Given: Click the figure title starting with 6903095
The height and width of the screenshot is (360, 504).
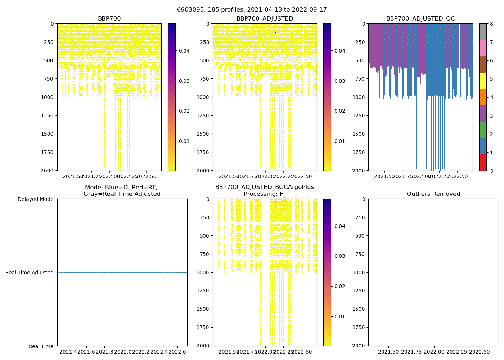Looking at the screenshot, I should pyautogui.click(x=252, y=10).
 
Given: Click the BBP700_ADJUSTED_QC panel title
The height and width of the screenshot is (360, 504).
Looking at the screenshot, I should pyautogui.click(x=420, y=19).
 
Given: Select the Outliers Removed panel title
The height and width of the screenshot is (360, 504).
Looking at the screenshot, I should pyautogui.click(x=433, y=194).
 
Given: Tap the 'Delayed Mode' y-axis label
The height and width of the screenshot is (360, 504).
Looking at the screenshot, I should pyautogui.click(x=35, y=199).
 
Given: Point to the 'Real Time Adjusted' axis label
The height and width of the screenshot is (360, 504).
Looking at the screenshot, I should pyautogui.click(x=29, y=273).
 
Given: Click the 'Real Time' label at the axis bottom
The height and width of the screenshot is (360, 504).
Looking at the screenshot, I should pyautogui.click(x=41, y=346).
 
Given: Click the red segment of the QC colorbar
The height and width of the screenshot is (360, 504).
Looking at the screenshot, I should pyautogui.click(x=483, y=162).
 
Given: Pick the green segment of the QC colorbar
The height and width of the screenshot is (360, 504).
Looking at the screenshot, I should pyautogui.click(x=483, y=130).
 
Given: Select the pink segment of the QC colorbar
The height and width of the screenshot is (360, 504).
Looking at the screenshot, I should pyautogui.click(x=483, y=48).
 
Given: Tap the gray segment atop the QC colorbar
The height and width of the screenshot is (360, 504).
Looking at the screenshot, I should pyautogui.click(x=483, y=32).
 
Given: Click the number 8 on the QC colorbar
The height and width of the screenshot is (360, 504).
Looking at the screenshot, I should pyautogui.click(x=491, y=24).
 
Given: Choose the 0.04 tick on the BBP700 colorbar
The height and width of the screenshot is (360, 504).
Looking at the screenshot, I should pyautogui.click(x=184, y=51).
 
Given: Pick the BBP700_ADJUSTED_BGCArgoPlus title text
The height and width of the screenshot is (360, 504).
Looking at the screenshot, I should pyautogui.click(x=265, y=187).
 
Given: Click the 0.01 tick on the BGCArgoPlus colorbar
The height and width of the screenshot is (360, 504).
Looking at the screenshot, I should pyautogui.click(x=340, y=316).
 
